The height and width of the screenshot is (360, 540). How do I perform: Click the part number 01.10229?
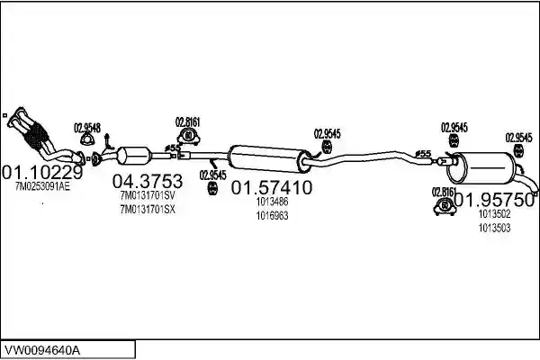(x=42, y=172)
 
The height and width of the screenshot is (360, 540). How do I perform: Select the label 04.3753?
(x=148, y=181)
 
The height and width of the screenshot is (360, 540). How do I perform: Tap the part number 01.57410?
(x=272, y=188)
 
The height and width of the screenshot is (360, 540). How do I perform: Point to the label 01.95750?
(x=494, y=201)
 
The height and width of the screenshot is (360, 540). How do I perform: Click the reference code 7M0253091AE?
(x=42, y=186)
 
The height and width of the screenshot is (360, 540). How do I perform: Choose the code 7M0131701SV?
(x=148, y=195)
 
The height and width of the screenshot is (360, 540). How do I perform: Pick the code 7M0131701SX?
(x=148, y=210)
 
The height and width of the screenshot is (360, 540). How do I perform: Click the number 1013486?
(x=272, y=202)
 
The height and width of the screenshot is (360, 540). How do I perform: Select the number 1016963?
(x=272, y=216)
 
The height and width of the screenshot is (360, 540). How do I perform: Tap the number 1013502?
(x=494, y=214)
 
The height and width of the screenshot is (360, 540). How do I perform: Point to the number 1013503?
(x=494, y=228)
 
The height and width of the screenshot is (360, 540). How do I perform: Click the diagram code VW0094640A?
(x=41, y=351)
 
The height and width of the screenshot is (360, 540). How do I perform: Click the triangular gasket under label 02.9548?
(x=86, y=139)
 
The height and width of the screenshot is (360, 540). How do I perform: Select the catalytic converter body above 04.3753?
(x=133, y=156)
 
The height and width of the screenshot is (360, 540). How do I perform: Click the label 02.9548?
(x=87, y=128)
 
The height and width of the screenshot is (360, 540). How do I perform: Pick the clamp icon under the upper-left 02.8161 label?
(x=189, y=136)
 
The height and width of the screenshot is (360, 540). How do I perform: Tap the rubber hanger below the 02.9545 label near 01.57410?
(x=212, y=189)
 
